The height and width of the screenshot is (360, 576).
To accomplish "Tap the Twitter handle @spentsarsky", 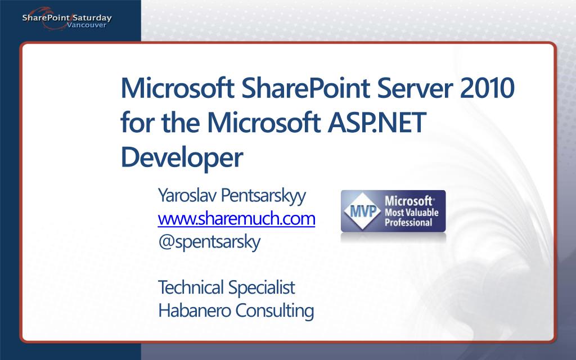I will pos(209,242).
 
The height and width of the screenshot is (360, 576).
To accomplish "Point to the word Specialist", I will pos(262,287).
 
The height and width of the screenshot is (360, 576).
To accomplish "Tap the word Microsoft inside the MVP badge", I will pos(408,201).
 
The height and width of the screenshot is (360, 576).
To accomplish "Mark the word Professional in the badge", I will pos(408,223).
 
